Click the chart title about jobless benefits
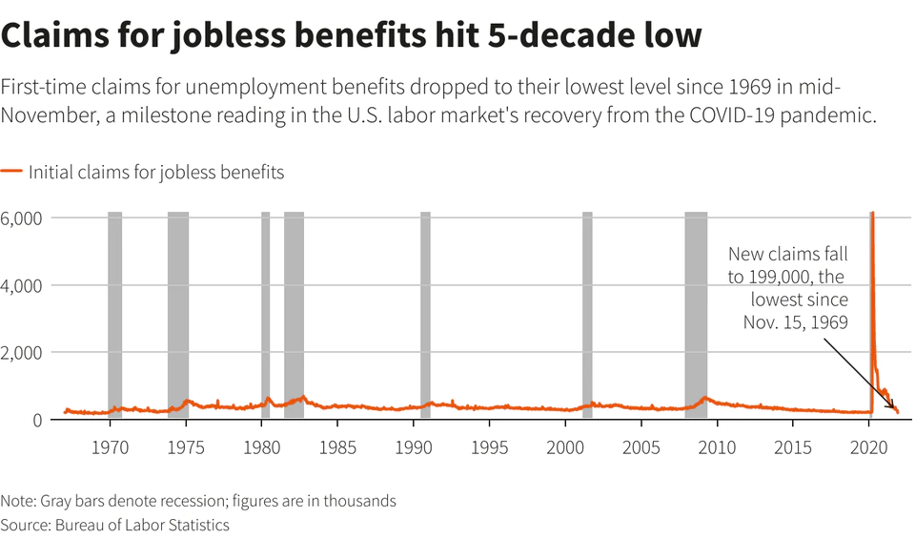pos(352,35)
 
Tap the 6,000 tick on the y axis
pos(21,218)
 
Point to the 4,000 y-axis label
pos(21,285)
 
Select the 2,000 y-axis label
pos(21,353)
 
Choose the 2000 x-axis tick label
pos(565,446)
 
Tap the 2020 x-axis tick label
pos(868,446)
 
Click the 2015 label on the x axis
pos(793,446)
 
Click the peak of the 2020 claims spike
pos(872,214)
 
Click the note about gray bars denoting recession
pos(198,501)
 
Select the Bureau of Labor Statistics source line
pos(115,525)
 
